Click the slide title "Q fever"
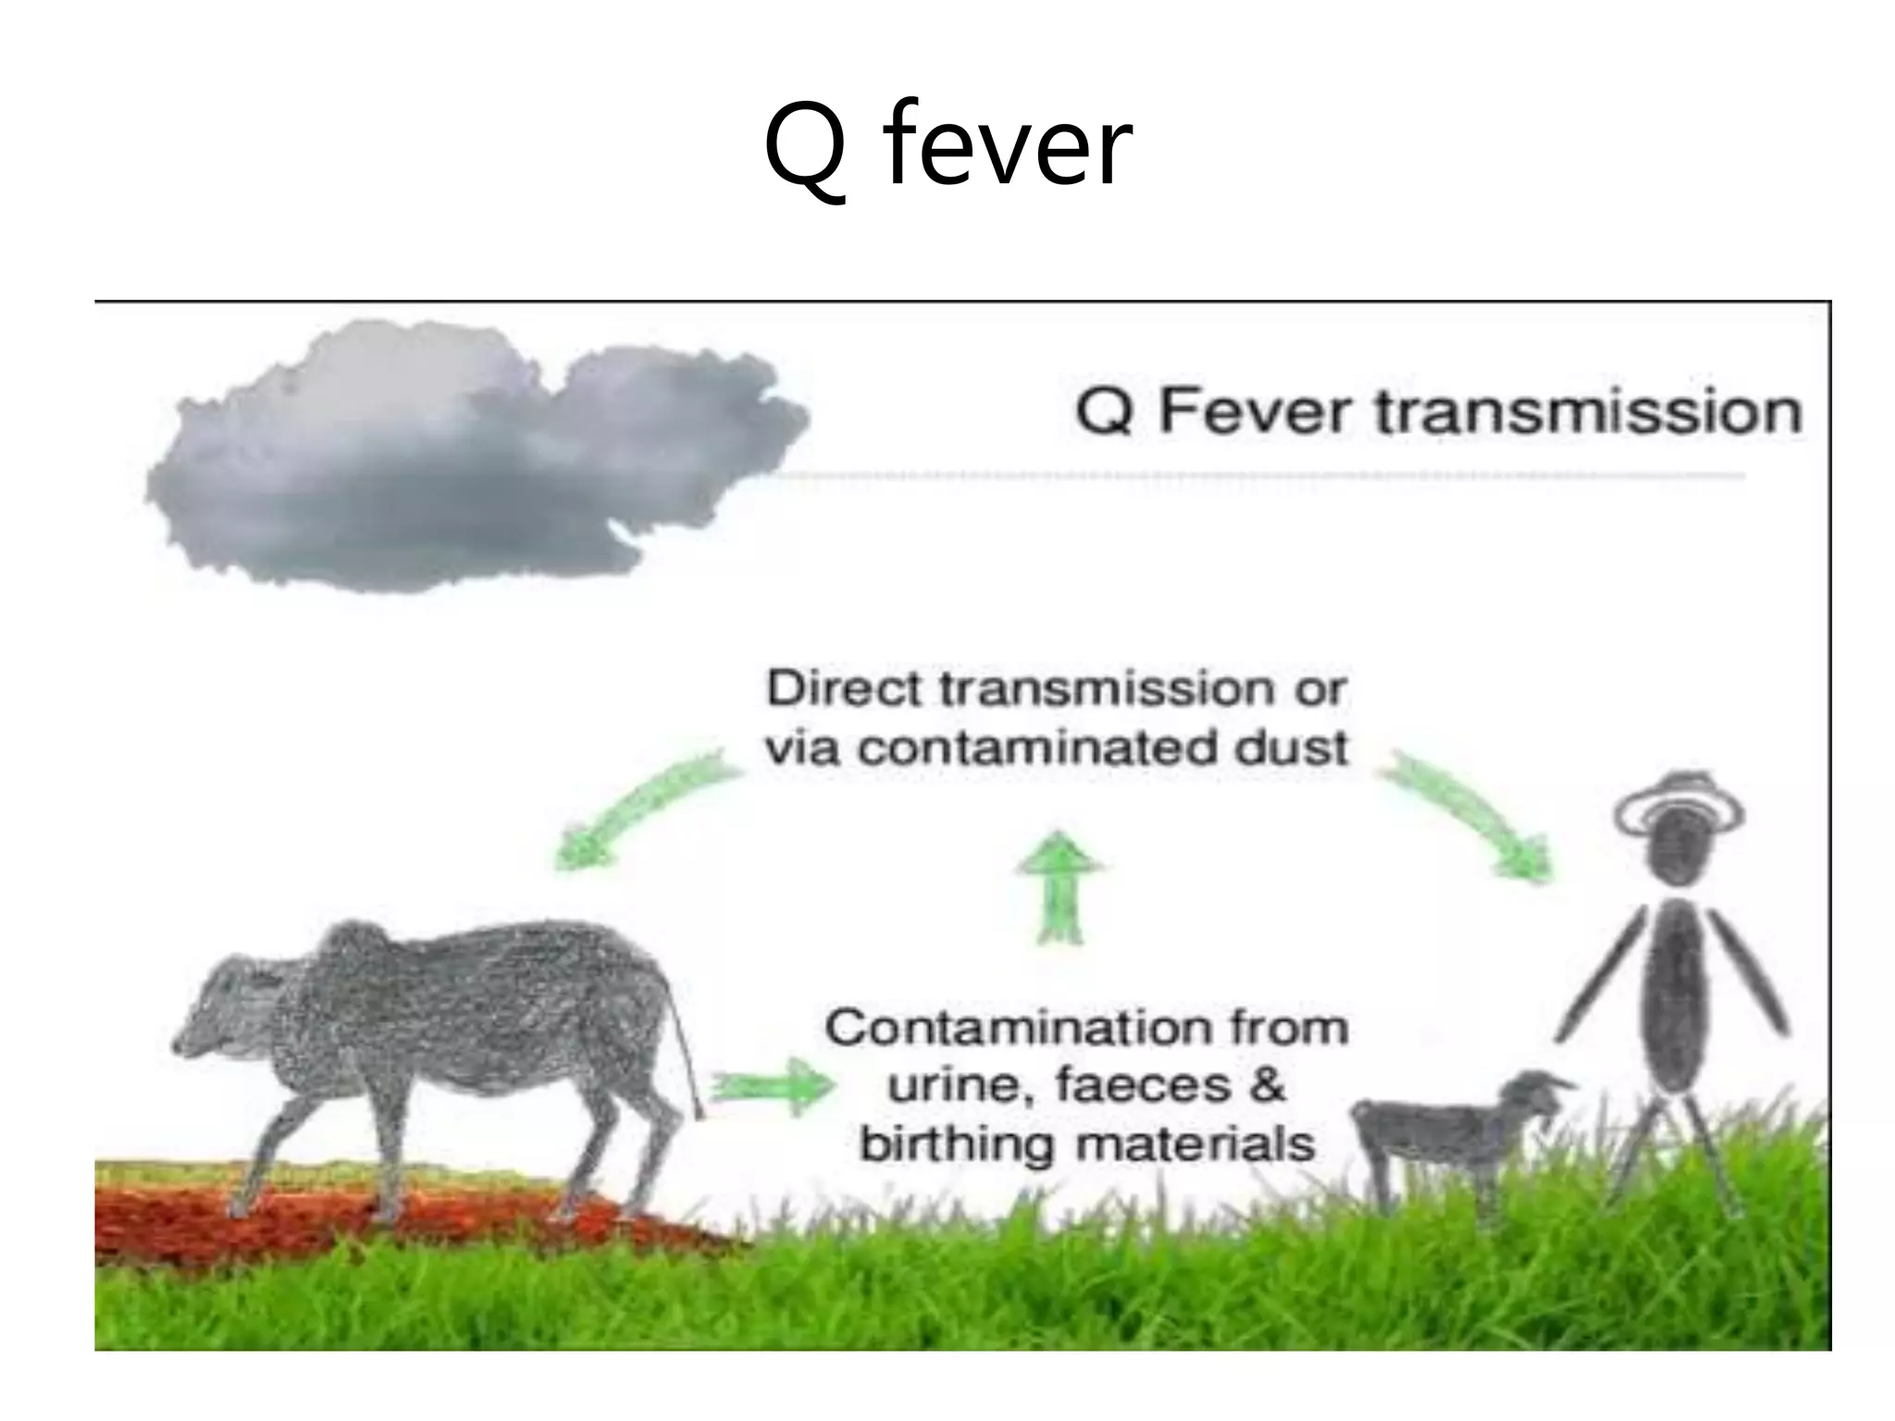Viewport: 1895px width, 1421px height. (947, 148)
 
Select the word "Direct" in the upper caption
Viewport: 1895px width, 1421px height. (844, 689)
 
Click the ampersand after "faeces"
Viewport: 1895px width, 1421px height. (1266, 1085)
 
